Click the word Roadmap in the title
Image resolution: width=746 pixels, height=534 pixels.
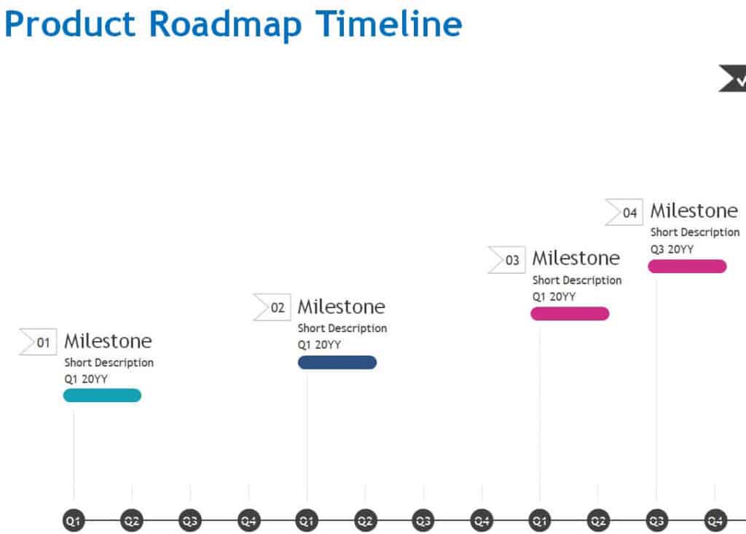tap(226, 25)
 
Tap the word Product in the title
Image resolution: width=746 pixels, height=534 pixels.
tap(70, 24)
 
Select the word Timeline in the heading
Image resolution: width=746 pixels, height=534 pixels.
tap(389, 24)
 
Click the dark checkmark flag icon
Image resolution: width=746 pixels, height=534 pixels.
tap(733, 78)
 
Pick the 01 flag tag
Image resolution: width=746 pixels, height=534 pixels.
tap(38, 342)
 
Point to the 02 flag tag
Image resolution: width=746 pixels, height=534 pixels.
tap(272, 307)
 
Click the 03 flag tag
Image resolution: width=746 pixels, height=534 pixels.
tap(507, 260)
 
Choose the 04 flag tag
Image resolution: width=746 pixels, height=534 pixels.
tap(624, 212)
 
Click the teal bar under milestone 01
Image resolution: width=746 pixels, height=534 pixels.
tap(102, 395)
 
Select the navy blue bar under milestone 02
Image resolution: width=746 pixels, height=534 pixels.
tap(337, 362)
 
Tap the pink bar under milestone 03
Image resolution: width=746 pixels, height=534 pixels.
tap(570, 314)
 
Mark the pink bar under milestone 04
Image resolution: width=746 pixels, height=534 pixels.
tap(688, 266)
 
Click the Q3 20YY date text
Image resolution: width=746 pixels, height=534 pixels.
tap(672, 249)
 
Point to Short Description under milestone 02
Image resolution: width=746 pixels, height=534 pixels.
tap(342, 329)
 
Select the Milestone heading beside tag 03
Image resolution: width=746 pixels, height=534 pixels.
tap(576, 259)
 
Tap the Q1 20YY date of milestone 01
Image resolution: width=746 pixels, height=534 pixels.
tap(86, 379)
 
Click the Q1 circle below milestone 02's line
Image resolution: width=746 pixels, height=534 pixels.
tap(307, 521)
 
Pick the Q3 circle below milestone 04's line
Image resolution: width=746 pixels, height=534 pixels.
tap(656, 521)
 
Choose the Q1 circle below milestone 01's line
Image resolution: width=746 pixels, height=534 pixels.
tap(74, 521)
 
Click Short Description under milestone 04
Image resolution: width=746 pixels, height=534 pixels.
tap(695, 232)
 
